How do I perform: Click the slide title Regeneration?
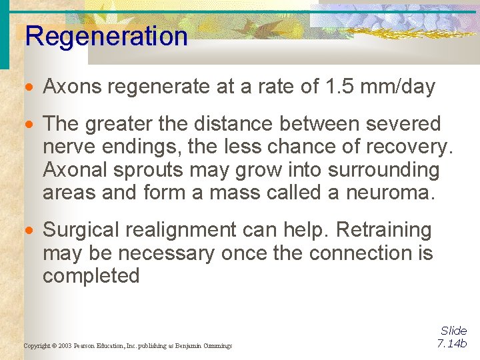pos(106,36)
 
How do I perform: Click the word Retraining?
pos(384,230)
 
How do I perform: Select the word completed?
pos(91,276)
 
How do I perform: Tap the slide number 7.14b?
pos(453,344)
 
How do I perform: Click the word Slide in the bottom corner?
pos(454,331)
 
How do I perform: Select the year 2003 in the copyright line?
pos(64,346)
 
